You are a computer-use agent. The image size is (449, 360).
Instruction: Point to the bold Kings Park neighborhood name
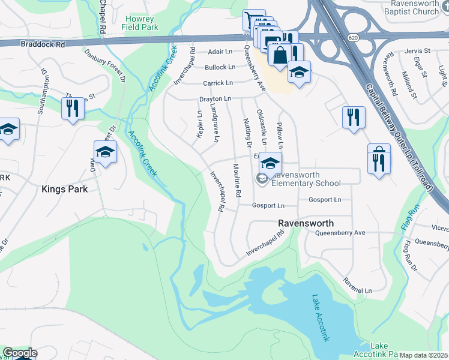coord(64,189)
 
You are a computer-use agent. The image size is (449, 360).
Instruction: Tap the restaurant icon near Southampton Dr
coord(71,109)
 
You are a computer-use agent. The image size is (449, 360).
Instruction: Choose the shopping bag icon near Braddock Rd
coord(280,56)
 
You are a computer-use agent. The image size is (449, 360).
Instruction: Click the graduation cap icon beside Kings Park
coord(105,152)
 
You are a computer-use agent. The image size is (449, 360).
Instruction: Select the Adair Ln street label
coord(221,52)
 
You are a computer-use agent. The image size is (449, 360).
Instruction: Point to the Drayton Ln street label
coord(215,98)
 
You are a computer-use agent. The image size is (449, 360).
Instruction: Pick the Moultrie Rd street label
coord(237,181)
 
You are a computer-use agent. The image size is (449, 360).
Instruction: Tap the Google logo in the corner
coord(20,353)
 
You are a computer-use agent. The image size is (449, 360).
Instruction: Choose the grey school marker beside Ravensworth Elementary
coord(262,178)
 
